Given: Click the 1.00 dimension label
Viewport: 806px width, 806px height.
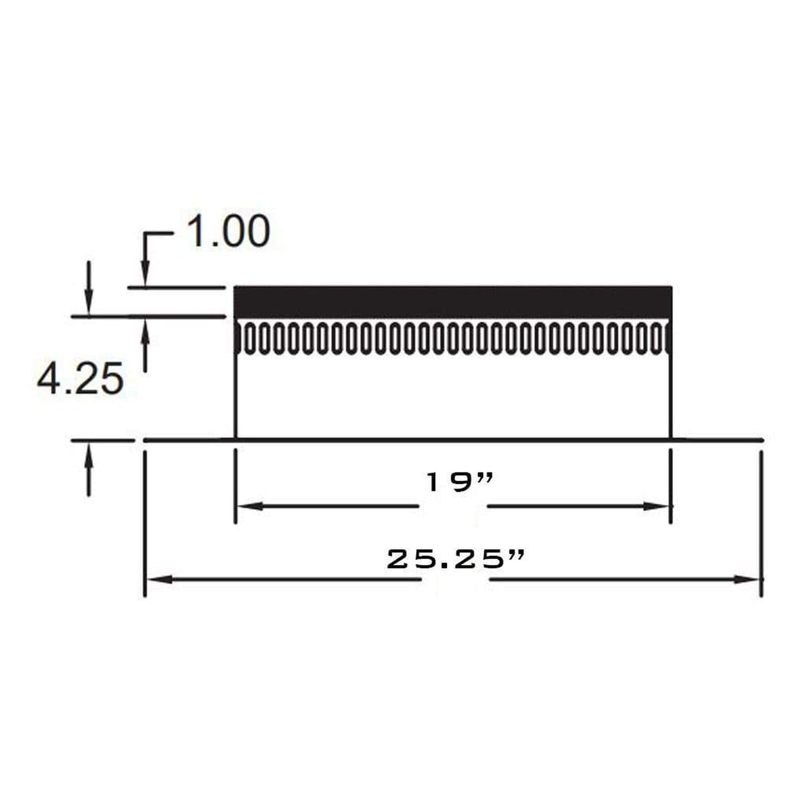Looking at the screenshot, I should [228, 231].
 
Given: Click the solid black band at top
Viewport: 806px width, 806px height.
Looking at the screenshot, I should [452, 302].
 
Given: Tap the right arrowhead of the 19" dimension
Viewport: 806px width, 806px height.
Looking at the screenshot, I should [657, 506].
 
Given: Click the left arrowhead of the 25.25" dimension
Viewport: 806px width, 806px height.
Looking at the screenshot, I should [160, 580].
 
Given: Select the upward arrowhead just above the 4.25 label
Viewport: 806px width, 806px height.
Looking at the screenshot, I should [145, 332].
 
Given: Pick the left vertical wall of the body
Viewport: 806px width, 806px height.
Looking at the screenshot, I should [235, 396].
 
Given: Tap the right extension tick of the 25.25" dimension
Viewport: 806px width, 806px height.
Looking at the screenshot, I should [761, 524].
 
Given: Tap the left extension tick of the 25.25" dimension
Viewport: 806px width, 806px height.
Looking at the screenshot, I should [145, 524].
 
